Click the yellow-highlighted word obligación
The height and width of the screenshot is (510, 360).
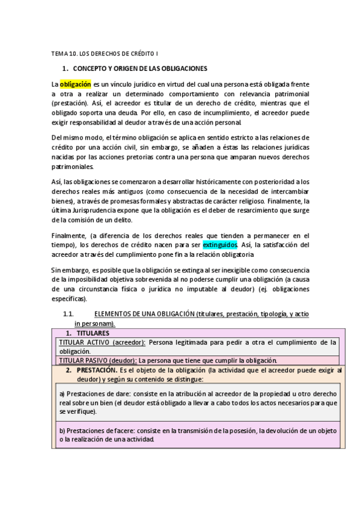pos(75,85)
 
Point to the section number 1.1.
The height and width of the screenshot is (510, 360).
pos(69,315)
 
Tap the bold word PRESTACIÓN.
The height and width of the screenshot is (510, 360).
pos(97,370)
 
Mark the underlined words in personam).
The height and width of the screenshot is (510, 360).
pos(94,324)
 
